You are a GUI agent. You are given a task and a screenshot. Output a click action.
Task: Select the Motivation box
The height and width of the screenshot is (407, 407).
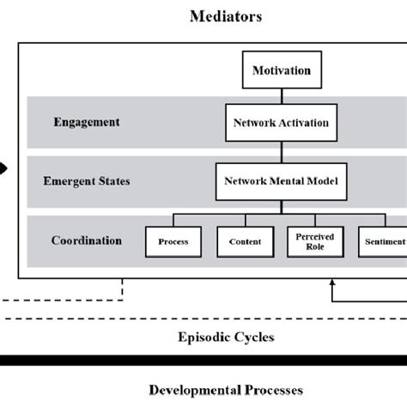click(x=281, y=70)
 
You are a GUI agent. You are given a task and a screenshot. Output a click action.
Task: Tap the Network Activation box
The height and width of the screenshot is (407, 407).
click(x=281, y=123)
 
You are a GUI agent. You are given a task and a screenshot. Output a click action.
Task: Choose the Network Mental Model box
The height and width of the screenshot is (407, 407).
click(x=281, y=181)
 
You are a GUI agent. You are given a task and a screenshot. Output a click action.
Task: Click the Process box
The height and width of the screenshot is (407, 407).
click(x=173, y=241)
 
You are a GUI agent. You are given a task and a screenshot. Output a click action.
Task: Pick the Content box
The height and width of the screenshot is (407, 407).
click(x=245, y=241)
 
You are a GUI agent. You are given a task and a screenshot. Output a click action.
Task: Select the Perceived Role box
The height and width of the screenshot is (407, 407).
click(x=315, y=241)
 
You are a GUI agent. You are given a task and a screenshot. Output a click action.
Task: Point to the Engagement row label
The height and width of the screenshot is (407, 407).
click(x=87, y=122)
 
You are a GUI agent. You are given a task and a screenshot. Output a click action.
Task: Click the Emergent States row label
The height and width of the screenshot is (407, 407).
click(x=87, y=181)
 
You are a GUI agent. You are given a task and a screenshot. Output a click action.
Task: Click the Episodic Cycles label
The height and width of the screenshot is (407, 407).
click(x=226, y=337)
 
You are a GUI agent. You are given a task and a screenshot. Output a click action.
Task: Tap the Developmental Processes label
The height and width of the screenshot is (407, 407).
click(x=226, y=389)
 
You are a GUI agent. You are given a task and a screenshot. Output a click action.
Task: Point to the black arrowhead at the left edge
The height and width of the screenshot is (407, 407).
click(x=3, y=168)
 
